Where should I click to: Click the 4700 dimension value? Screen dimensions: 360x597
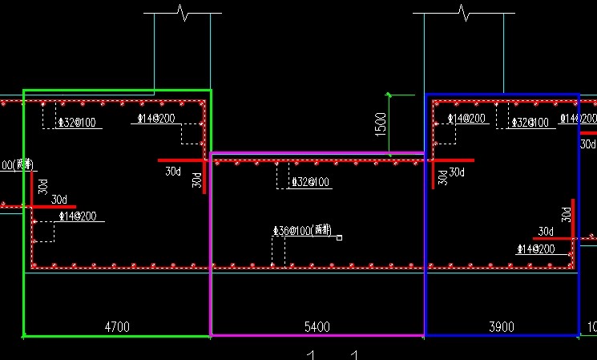[117, 326]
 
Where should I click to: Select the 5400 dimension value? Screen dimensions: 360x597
[317, 326]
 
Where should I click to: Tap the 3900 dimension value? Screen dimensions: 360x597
[502, 326]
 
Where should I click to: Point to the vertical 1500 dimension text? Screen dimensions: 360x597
[381, 123]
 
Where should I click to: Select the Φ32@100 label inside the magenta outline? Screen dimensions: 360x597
[311, 182]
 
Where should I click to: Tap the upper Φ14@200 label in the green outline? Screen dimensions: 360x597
[155, 119]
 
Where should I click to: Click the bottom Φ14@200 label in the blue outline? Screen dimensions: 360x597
[535, 249]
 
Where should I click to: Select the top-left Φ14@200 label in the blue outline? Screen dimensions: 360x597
[466, 119]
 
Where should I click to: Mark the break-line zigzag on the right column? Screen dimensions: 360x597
[462, 12]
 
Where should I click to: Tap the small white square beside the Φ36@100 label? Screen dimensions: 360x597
[340, 237]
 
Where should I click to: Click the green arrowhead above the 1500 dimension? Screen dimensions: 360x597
[389, 95]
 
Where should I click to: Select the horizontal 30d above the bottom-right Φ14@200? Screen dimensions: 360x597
[546, 232]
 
